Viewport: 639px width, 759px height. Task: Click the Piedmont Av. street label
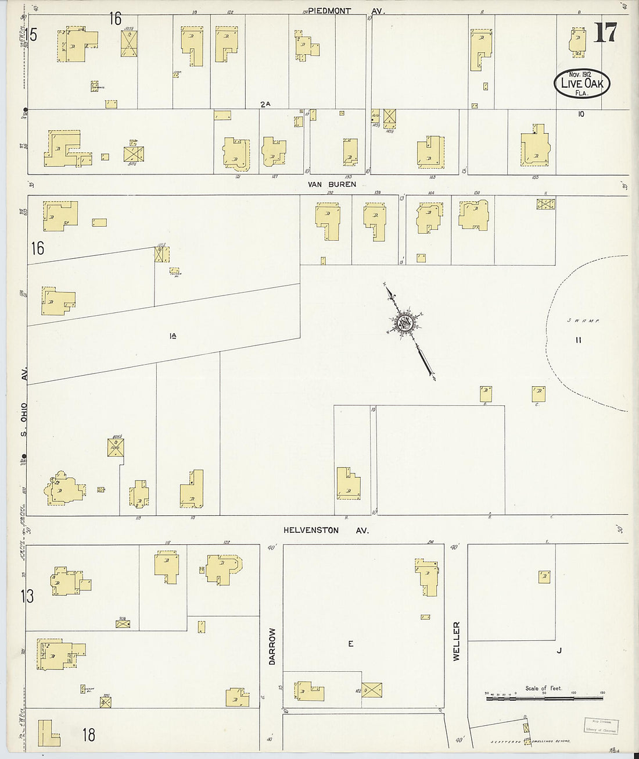pos(346,10)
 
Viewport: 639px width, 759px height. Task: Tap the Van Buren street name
pos(333,184)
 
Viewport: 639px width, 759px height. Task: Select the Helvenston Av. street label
pos(326,530)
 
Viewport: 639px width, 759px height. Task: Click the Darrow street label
pos(271,646)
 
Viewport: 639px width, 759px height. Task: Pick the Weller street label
pos(456,641)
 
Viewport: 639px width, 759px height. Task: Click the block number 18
pos(88,735)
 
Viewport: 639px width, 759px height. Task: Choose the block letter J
pos(559,651)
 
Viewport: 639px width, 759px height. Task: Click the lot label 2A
pos(265,105)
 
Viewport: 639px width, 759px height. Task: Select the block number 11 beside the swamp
pos(578,340)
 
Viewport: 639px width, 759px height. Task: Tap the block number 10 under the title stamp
pos(580,115)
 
